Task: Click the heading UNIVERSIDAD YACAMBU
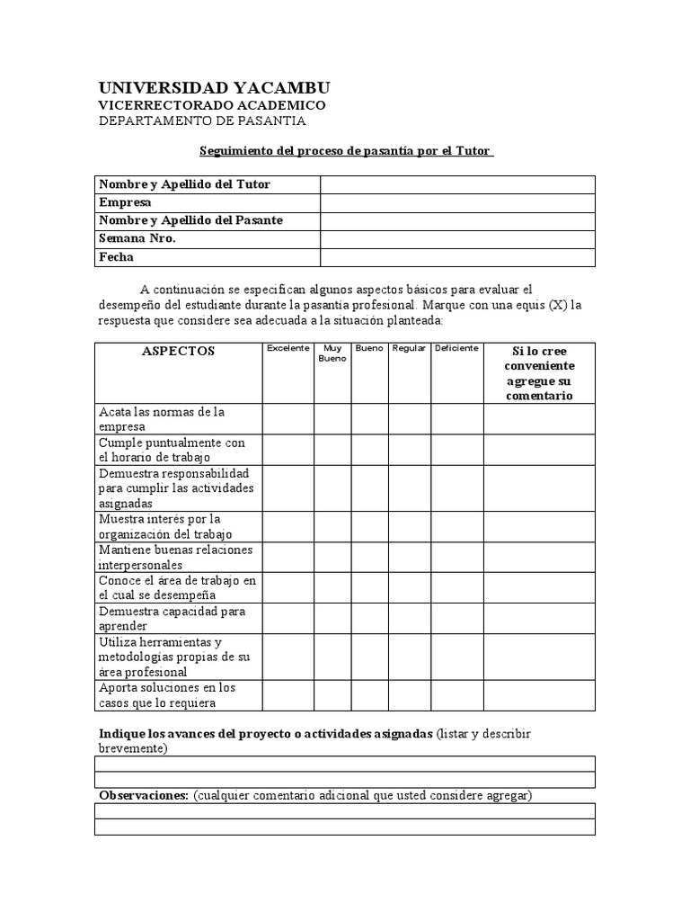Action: click(x=214, y=87)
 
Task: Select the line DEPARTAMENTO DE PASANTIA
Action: click(x=202, y=121)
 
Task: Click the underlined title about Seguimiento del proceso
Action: click(x=345, y=152)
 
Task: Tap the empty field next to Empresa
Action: click(x=457, y=202)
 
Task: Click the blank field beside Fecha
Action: click(x=457, y=257)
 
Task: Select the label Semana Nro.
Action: click(x=137, y=238)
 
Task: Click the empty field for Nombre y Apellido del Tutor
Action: click(x=457, y=184)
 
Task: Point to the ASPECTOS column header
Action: click(x=178, y=352)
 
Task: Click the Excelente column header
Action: click(x=287, y=348)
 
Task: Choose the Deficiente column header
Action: click(x=457, y=348)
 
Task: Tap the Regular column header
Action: click(x=409, y=348)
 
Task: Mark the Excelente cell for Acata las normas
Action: click(x=287, y=419)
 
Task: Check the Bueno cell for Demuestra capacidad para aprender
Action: click(x=369, y=618)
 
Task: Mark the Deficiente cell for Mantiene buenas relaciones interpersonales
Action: click(x=457, y=557)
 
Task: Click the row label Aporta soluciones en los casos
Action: click(x=166, y=695)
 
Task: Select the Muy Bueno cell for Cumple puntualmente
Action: click(x=332, y=450)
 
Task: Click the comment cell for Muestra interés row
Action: click(x=539, y=526)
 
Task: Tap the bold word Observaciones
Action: click(x=143, y=795)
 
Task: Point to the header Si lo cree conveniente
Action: click(x=539, y=372)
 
